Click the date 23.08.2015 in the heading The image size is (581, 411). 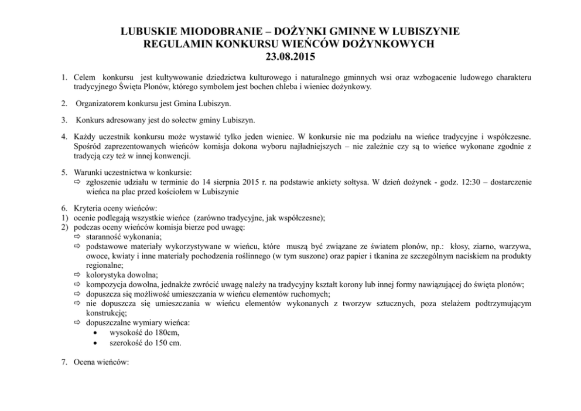pos(290,57)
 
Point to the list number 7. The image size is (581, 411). pos(64,362)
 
